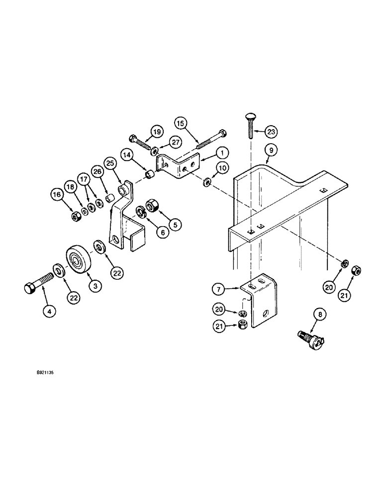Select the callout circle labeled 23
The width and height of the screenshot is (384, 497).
click(x=271, y=132)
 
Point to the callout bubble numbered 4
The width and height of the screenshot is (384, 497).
click(x=49, y=311)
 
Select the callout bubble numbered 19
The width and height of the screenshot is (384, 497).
click(x=156, y=132)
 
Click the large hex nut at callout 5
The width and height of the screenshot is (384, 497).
click(x=152, y=205)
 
